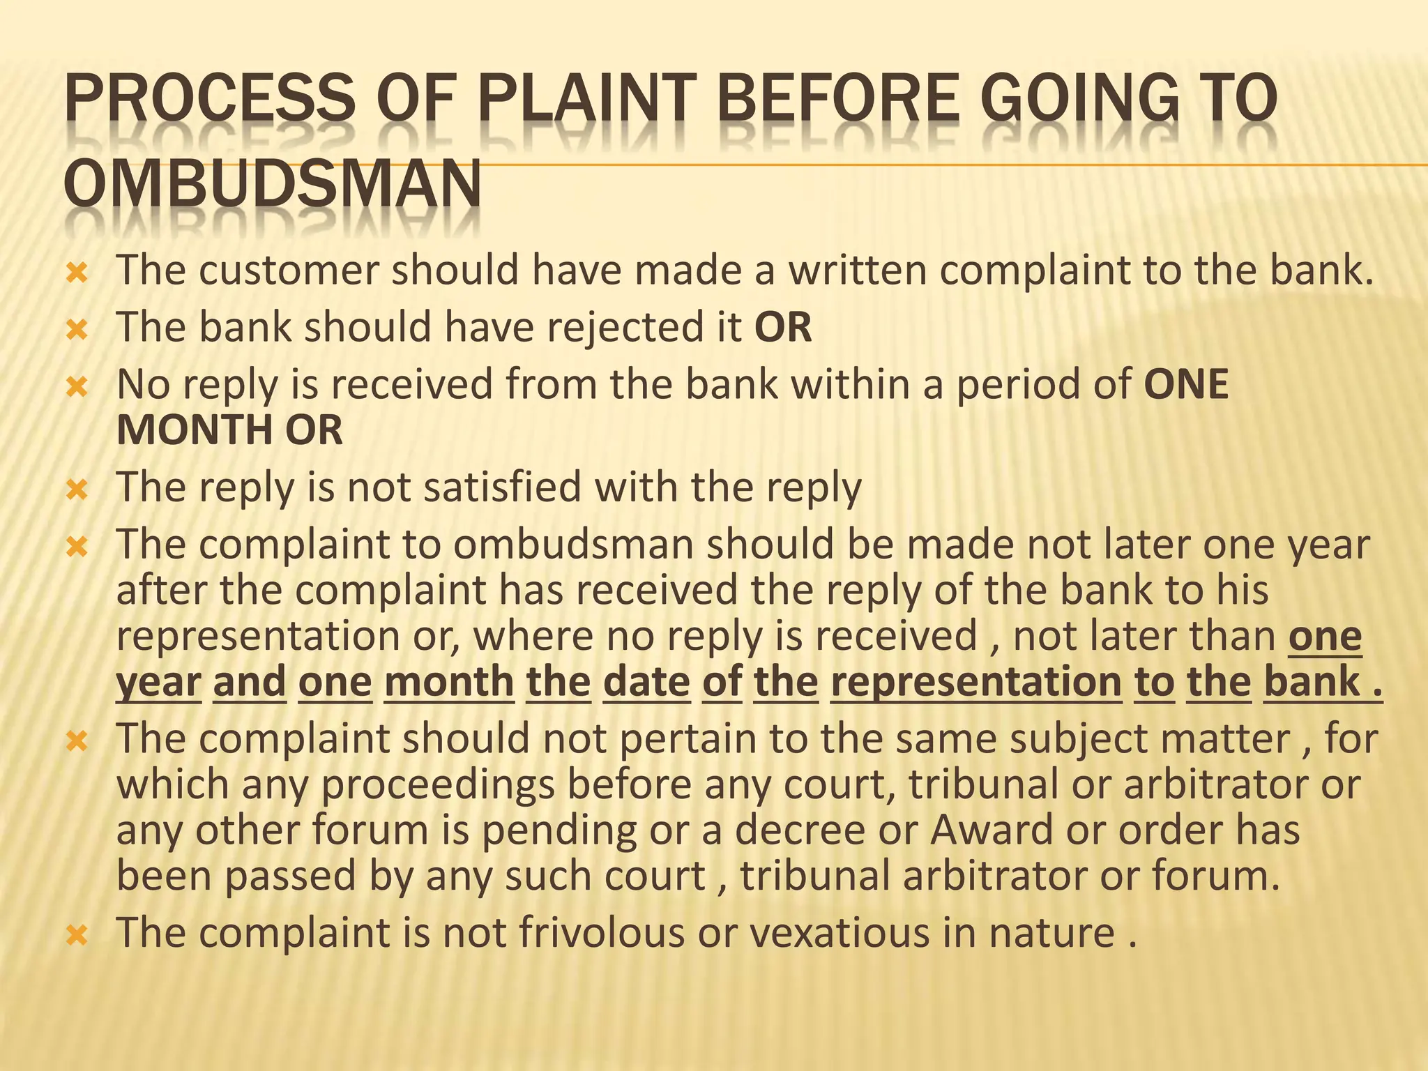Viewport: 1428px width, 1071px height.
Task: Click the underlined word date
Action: click(x=646, y=681)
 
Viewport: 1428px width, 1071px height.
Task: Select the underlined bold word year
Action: click(x=158, y=681)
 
